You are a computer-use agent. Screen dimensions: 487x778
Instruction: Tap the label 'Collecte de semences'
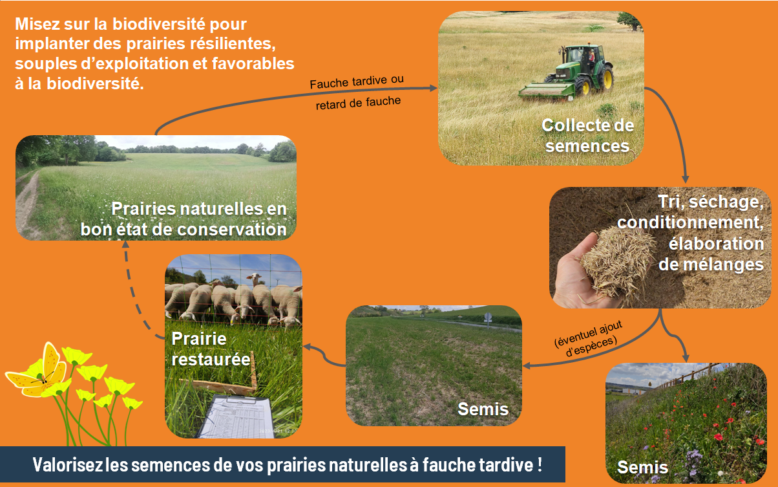(x=587, y=135)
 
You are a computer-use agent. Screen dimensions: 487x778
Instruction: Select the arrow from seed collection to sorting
(x=676, y=129)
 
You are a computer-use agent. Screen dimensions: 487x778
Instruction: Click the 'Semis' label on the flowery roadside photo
(x=642, y=466)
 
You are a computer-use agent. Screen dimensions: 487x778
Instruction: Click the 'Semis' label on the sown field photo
(x=483, y=409)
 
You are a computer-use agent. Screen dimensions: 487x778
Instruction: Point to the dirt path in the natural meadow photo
(x=28, y=200)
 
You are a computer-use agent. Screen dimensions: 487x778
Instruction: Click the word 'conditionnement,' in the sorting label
(x=690, y=222)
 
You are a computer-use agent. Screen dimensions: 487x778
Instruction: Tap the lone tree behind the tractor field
(x=629, y=21)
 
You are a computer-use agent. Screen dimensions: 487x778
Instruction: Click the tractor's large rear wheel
(x=603, y=78)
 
